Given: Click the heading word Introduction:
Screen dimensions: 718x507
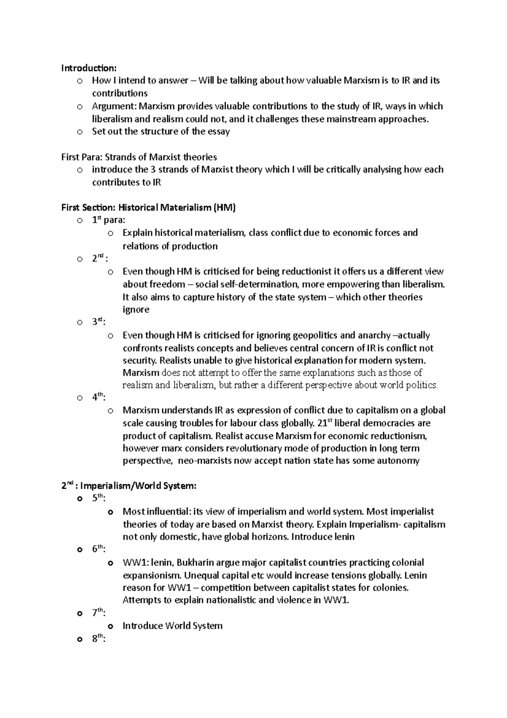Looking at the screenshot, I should coord(88,68).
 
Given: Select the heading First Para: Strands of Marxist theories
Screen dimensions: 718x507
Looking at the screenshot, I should coord(139,157).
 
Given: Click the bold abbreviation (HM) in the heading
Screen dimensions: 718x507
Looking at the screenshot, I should coord(224,208).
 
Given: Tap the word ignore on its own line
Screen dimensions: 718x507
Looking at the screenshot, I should coord(136,310).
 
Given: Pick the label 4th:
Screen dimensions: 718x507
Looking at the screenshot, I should coord(99,397).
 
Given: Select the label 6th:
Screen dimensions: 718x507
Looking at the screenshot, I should coord(99,549).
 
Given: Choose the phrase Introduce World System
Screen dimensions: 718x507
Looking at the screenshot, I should coord(172,626).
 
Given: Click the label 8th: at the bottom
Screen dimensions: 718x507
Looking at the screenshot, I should coord(99,639).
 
